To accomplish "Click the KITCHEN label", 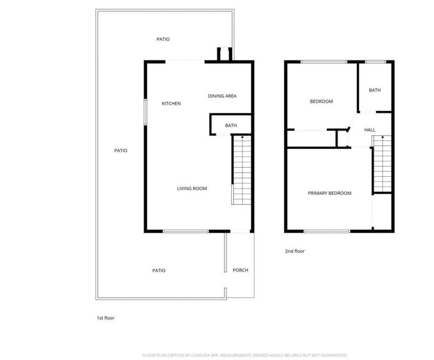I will (x=171, y=104).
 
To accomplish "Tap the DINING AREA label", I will (x=222, y=96).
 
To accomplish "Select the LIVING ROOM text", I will (x=192, y=188).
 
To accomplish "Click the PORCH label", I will (x=240, y=270).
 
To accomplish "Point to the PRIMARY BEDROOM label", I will (x=329, y=193).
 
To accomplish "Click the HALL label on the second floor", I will (x=370, y=130).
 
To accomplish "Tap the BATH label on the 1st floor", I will (x=231, y=126).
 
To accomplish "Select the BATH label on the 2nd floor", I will (x=374, y=90).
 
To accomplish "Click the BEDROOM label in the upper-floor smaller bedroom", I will (x=321, y=102).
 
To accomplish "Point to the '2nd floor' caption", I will (x=295, y=251).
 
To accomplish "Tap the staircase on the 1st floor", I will (x=242, y=170).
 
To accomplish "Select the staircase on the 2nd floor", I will (x=382, y=164).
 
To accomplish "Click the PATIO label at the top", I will (x=163, y=39).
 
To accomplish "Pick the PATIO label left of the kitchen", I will (x=121, y=150).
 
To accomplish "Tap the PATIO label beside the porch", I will (x=159, y=270).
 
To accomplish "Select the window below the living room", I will (x=186, y=231).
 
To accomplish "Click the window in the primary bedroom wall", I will (x=327, y=231).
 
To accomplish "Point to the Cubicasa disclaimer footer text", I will (x=245, y=355).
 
